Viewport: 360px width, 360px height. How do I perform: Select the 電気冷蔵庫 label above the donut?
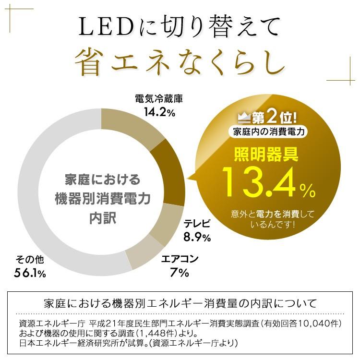coord(159,99)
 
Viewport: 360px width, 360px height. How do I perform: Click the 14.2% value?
coord(159,113)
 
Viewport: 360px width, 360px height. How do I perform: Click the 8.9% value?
coord(197,237)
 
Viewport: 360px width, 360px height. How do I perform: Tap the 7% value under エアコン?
coord(179,274)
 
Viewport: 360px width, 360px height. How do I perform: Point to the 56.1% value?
coord(30,274)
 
